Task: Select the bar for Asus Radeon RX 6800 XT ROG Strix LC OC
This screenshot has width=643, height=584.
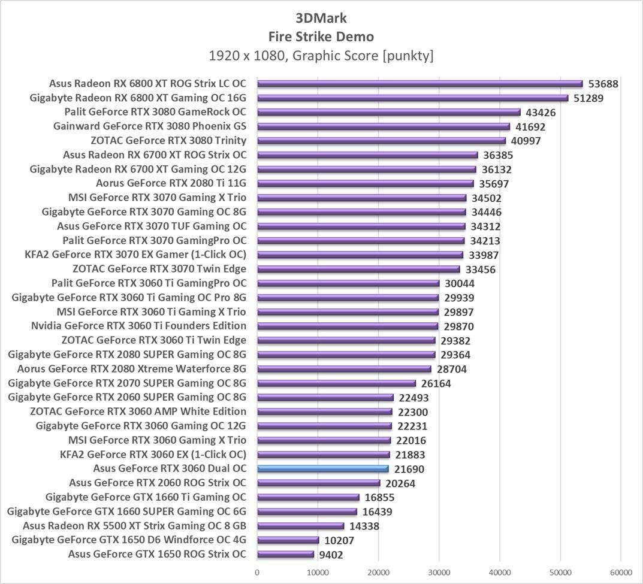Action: click(419, 84)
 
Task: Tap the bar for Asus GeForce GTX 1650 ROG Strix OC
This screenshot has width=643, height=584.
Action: click(285, 555)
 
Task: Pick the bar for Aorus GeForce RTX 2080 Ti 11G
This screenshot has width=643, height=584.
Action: click(365, 184)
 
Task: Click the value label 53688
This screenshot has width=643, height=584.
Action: click(603, 84)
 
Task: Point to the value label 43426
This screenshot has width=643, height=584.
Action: click(541, 113)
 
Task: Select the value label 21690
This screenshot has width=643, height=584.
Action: click(409, 469)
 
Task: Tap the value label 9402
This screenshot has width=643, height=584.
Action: click(331, 555)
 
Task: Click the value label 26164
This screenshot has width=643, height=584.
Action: click(436, 383)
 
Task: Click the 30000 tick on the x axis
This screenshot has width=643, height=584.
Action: click(439, 573)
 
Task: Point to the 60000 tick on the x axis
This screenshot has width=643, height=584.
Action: click(621, 573)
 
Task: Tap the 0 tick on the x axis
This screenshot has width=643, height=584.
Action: click(257, 573)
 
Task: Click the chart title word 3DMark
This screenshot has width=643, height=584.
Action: click(321, 17)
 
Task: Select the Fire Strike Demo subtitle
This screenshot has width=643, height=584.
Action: click(321, 37)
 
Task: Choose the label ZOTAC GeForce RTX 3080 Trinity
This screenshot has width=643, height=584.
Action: click(168, 141)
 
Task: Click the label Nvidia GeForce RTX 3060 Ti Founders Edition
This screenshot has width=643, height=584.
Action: click(138, 326)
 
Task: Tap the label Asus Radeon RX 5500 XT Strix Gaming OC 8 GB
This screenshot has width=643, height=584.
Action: click(134, 526)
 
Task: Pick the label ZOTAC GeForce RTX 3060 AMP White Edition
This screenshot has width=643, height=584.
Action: click(138, 411)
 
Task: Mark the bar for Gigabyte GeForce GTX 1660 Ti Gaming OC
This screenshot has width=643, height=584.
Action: click(308, 497)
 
